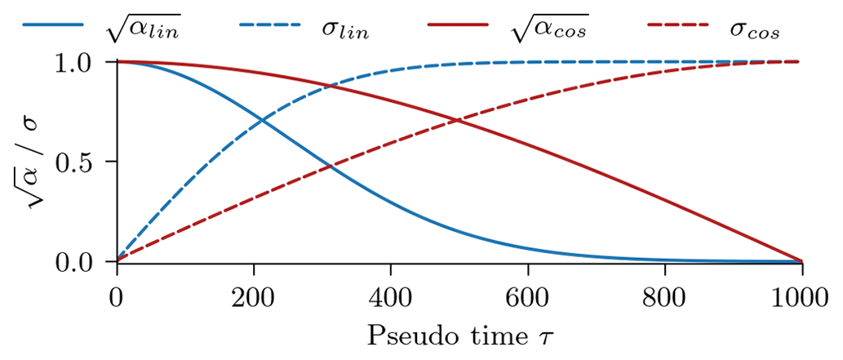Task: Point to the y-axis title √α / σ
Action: (x=33, y=162)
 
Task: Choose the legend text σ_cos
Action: (x=755, y=32)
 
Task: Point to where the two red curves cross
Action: (x=459, y=122)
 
